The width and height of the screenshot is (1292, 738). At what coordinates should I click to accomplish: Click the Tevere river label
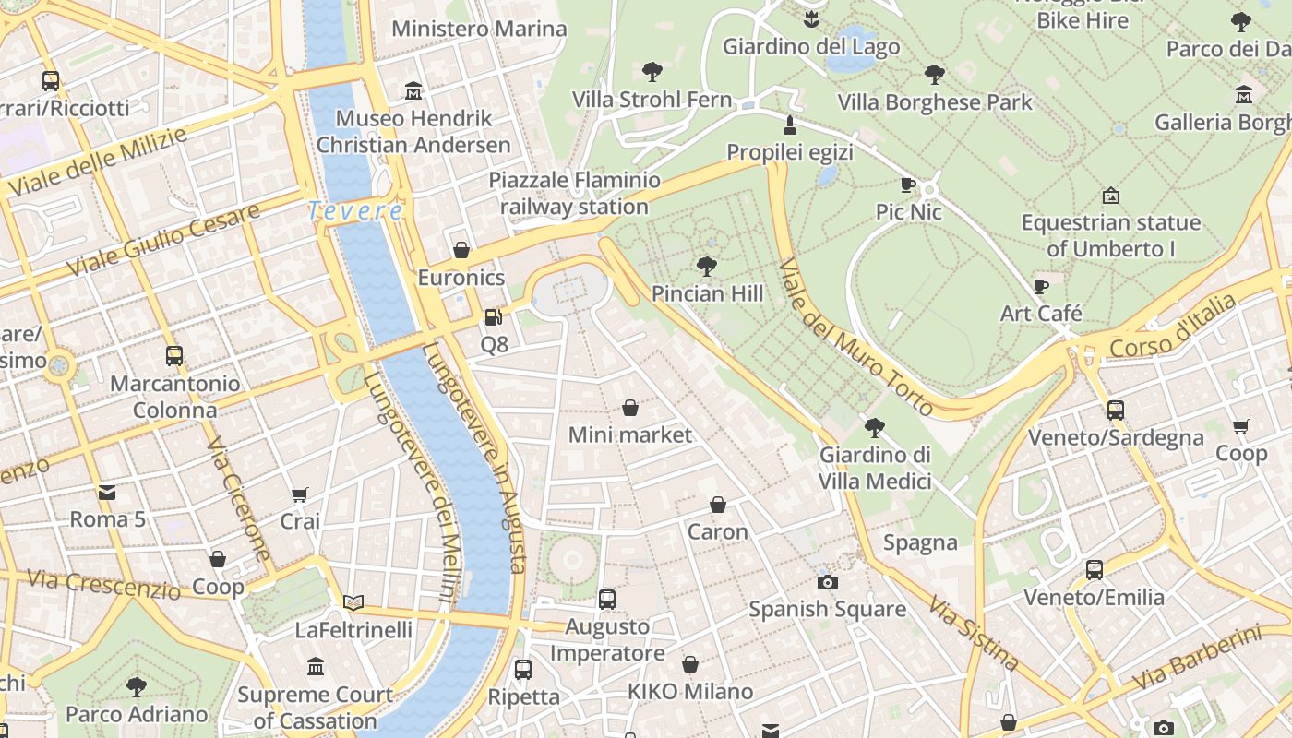click(x=355, y=211)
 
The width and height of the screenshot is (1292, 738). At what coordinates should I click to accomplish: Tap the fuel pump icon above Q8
click(x=494, y=317)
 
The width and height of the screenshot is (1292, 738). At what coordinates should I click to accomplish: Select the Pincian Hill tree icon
click(x=707, y=267)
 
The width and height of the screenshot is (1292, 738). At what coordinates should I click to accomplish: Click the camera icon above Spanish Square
click(x=827, y=582)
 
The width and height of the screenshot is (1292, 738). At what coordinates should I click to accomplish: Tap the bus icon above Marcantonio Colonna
click(x=173, y=356)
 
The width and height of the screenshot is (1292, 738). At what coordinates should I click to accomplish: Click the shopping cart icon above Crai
click(x=299, y=494)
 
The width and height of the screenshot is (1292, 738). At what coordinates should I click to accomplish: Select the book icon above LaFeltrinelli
click(x=353, y=603)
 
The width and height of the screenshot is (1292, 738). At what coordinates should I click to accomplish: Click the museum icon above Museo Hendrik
click(x=413, y=91)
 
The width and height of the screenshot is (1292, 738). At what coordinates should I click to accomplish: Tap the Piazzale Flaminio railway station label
click(x=574, y=193)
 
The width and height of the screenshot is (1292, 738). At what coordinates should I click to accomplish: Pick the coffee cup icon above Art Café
click(x=1041, y=286)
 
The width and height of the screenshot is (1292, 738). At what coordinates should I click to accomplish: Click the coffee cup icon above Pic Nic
click(x=908, y=185)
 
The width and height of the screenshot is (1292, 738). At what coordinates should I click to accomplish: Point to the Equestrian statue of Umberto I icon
click(x=1111, y=196)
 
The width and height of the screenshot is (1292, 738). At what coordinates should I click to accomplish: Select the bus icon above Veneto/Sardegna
click(x=1115, y=411)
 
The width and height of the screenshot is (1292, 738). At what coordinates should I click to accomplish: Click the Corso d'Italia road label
click(x=1172, y=327)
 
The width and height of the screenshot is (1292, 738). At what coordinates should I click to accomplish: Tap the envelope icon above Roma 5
click(x=107, y=493)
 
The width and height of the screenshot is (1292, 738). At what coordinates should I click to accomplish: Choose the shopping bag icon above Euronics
click(x=461, y=250)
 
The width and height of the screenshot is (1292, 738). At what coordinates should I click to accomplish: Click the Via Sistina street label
click(x=974, y=634)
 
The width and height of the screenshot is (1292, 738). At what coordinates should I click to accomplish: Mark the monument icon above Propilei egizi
click(x=789, y=125)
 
